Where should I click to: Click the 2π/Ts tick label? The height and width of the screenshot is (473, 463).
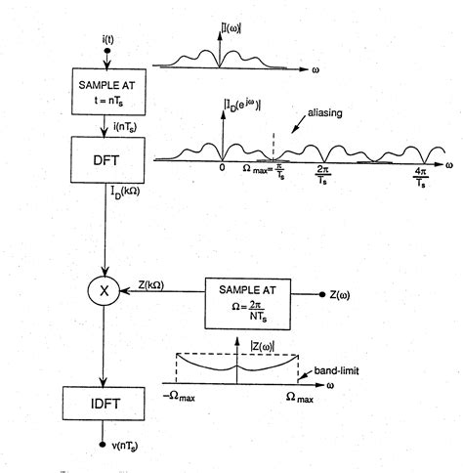click(x=323, y=175)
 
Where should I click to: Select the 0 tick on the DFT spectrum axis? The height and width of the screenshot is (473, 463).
click(x=222, y=167)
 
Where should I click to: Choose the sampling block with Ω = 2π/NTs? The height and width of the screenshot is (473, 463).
click(x=247, y=302)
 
